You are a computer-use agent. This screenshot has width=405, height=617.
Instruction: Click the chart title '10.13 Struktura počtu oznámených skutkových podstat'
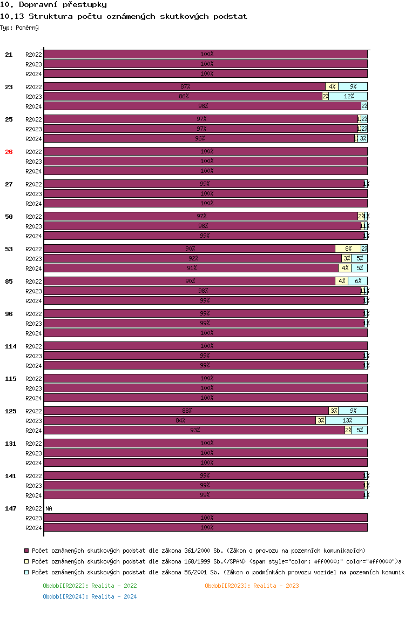tap(124, 16)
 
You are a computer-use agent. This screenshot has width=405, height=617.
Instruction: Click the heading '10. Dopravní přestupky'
tap(53, 4)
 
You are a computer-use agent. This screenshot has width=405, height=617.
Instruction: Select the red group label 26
tap(9, 152)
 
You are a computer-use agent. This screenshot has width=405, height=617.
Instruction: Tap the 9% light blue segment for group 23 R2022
tap(353, 86)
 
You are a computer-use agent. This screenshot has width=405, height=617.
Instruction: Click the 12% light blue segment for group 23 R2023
tap(348, 96)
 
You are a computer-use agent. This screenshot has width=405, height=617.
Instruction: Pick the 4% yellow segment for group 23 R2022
tap(332, 86)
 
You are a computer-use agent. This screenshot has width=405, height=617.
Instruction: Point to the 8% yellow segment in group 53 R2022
tap(348, 249)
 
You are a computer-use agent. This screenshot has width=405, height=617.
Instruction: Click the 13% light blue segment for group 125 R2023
tap(346, 420)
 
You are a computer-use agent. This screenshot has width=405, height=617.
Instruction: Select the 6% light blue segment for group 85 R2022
tap(357, 281)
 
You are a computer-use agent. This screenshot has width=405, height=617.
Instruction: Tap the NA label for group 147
tap(49, 508)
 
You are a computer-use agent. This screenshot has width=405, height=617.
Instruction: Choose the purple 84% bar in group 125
tap(180, 420)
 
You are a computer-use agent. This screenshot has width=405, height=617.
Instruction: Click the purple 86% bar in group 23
tap(183, 96)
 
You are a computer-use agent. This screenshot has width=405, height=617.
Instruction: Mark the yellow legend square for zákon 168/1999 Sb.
tap(26, 561)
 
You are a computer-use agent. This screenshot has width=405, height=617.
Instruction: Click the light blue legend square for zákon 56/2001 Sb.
tap(26, 572)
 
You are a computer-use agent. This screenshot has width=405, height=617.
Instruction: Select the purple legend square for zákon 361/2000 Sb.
tap(26, 550)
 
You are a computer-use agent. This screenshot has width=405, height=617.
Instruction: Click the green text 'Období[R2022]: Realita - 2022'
tap(90, 586)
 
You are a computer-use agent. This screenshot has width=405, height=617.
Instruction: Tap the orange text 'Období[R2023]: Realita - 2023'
tap(252, 586)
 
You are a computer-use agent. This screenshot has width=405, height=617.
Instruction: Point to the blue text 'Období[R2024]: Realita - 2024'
tap(90, 596)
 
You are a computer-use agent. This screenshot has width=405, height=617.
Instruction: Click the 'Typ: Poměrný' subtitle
tap(19, 27)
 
